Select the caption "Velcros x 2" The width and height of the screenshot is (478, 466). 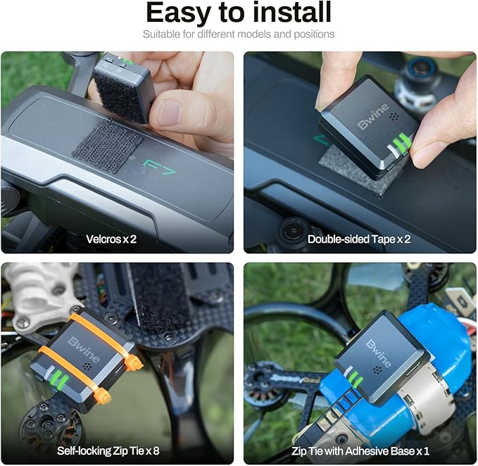coord(111,239)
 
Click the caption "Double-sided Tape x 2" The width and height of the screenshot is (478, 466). coord(359,239)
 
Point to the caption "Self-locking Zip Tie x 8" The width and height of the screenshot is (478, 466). coord(108,451)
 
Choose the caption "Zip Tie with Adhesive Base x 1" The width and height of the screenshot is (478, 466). coord(360,451)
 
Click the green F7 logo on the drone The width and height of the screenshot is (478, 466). coord(160,168)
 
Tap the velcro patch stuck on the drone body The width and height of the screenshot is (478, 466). coord(107,147)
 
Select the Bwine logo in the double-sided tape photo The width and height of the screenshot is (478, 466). coord(373,116)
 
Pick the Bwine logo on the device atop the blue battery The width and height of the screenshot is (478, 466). coord(379,353)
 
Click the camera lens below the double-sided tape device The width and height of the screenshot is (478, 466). coord(294,231)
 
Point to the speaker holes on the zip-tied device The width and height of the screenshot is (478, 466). coord(87,366)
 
